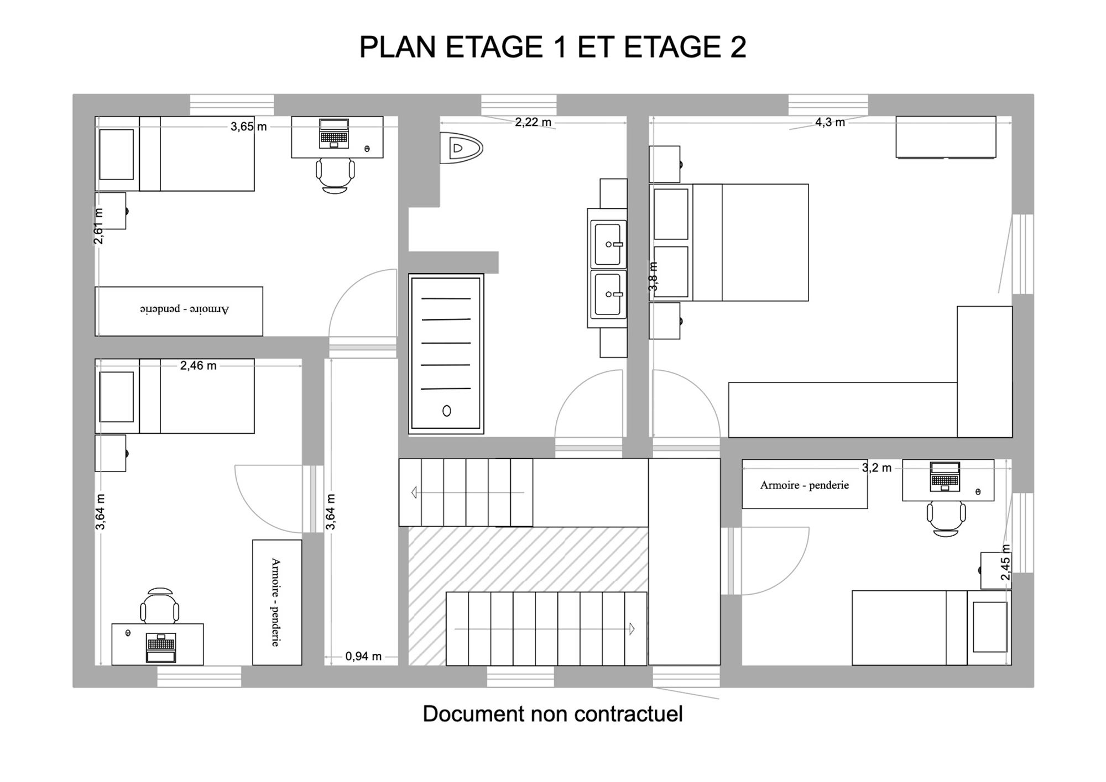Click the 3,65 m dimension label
coord(249,127)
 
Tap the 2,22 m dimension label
coord(533,122)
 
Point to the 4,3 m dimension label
coord(830,122)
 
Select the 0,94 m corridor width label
coord(363,656)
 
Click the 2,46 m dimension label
coord(198,365)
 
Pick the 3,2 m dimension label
coord(877,468)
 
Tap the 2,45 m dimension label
coord(1005,563)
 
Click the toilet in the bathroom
coord(461,148)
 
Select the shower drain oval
coord(447,411)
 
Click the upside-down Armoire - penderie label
coord(184,309)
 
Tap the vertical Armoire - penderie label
coord(275,602)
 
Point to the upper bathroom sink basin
coord(608,244)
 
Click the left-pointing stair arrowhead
coord(414,492)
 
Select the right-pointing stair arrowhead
coord(632,628)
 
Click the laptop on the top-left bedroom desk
coord(334,133)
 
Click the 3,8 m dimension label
coord(653,276)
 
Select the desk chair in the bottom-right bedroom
coord(946,518)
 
